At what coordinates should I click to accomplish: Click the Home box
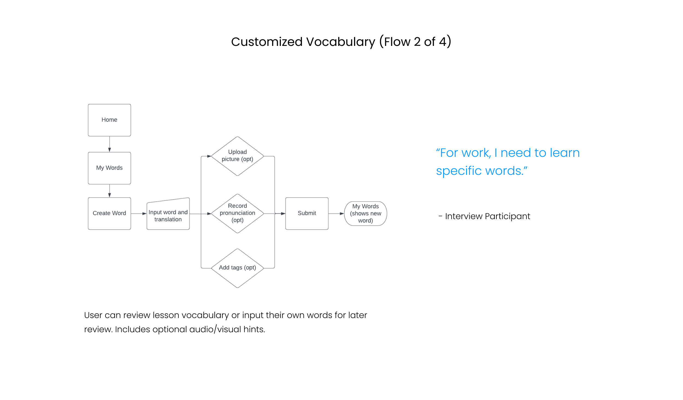tap(109, 120)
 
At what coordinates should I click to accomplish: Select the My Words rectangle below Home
tap(109, 168)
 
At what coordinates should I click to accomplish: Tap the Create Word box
tap(109, 213)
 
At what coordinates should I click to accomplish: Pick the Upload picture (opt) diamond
tap(237, 156)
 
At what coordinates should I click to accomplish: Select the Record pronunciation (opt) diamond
tap(237, 213)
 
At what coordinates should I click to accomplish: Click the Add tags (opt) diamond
tap(237, 268)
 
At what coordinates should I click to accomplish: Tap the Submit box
tap(307, 213)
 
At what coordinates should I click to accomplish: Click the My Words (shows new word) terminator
tap(366, 213)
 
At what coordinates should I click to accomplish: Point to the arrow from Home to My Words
tap(110, 144)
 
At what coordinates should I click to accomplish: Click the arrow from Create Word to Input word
tap(139, 214)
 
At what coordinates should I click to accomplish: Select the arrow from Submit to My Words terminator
tap(336, 214)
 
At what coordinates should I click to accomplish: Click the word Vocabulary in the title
tap(340, 42)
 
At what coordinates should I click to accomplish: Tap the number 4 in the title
tap(442, 42)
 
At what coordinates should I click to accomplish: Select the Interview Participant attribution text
tap(487, 216)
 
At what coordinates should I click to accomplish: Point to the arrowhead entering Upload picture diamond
tap(209, 156)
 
